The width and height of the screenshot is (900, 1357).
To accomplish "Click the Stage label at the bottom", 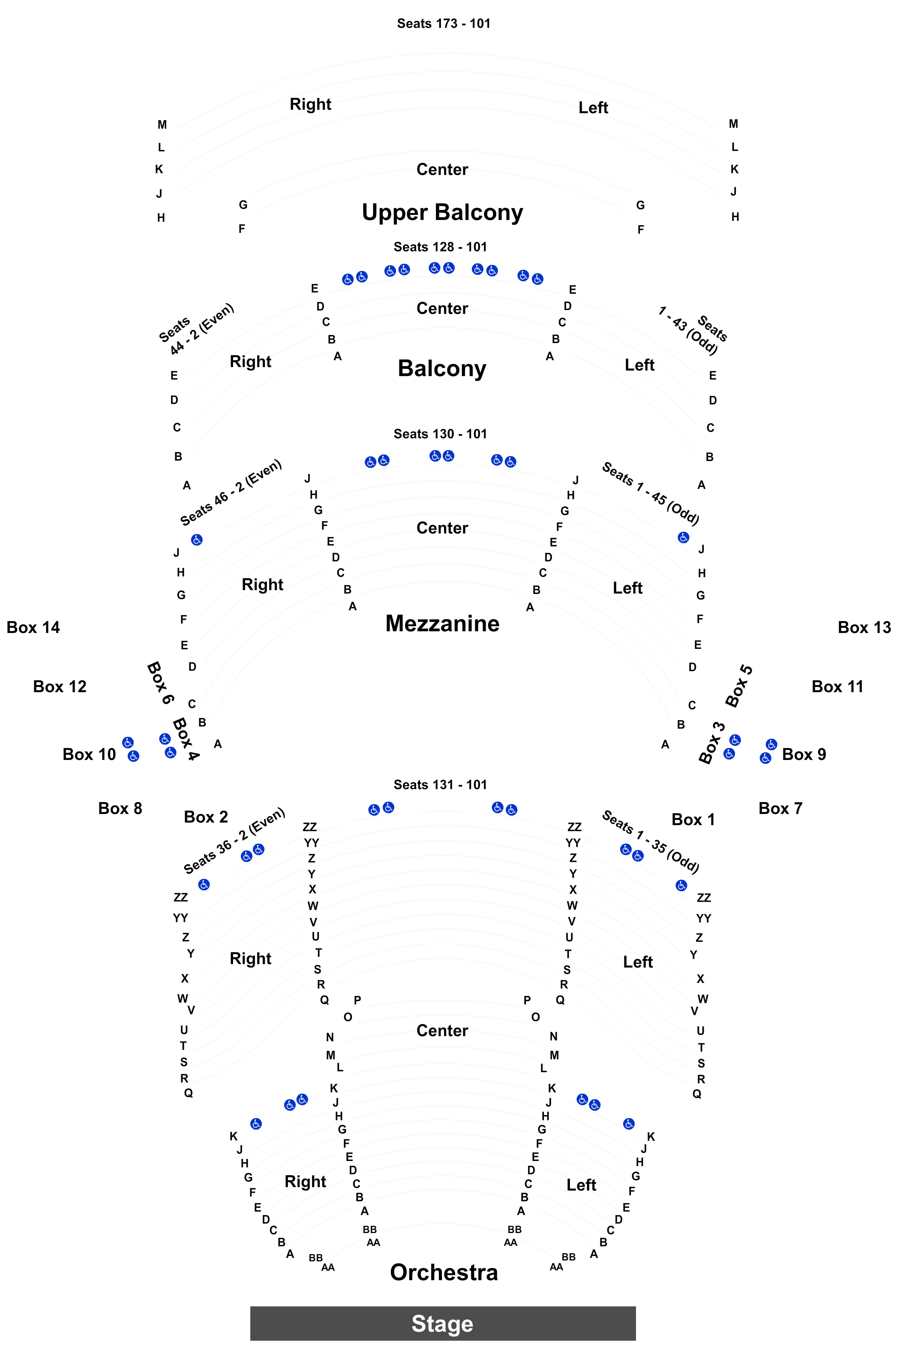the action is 443,1323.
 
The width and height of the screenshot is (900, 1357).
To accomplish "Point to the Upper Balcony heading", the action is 443,212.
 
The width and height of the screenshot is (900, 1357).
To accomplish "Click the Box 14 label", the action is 33,627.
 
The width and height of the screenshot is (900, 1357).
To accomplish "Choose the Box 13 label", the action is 864,627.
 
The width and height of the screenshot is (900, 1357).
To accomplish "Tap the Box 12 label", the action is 60,686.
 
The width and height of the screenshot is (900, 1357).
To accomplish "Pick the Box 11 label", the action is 837,686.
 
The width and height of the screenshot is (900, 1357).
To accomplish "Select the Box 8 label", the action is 120,808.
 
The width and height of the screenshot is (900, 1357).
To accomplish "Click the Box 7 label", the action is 780,808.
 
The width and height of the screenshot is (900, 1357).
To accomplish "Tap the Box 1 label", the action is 693,820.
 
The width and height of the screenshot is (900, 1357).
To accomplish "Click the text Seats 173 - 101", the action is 444,24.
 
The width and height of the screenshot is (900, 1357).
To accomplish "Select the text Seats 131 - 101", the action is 440,784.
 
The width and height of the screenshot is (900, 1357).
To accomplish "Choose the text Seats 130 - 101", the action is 440,434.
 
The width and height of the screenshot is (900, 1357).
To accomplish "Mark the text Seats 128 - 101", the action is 440,247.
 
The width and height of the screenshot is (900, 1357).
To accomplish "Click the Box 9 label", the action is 804,754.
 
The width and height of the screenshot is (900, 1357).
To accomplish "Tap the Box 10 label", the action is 89,754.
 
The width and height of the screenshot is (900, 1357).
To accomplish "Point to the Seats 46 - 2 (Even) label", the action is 231,492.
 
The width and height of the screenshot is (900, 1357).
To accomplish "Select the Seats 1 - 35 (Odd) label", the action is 650,841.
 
